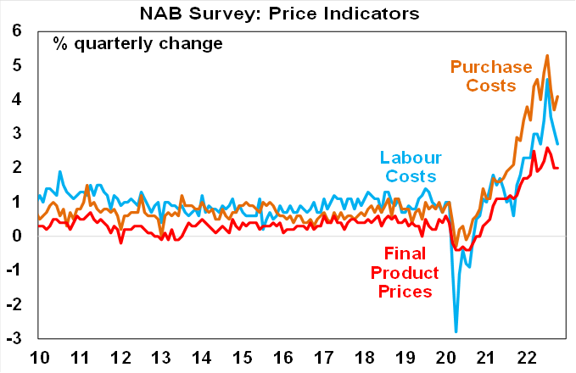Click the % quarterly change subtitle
[x=137, y=42]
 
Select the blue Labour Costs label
[x=408, y=166]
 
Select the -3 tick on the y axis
[x=15, y=338]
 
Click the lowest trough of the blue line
[x=456, y=331]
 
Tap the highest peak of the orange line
[x=547, y=55]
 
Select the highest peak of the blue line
[x=547, y=79]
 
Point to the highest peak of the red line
[x=547, y=148]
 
